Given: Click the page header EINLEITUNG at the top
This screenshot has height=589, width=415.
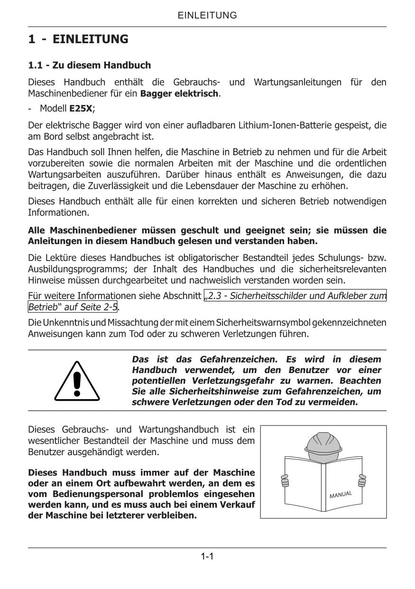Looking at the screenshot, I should (x=207, y=15).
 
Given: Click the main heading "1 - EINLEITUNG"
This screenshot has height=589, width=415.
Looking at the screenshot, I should (x=78, y=39).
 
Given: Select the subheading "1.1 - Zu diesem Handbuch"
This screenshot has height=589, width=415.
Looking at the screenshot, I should (x=90, y=65).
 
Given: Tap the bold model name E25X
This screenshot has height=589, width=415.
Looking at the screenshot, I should (x=81, y=108).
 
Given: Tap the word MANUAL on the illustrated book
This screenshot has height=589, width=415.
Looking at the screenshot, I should (x=341, y=495).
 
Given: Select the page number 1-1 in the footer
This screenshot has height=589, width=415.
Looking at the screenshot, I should (x=207, y=556).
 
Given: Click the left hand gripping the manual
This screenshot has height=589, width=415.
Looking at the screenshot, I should (x=285, y=481).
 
